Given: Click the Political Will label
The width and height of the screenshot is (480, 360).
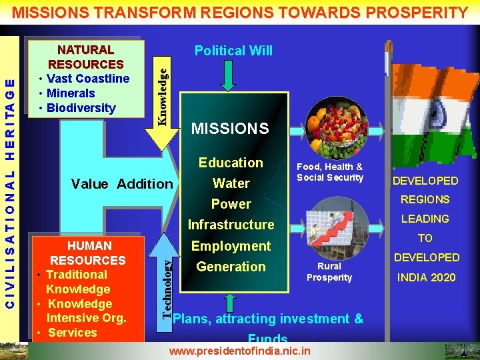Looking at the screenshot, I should pyautogui.click(x=233, y=51).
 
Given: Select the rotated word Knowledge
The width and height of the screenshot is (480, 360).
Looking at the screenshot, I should pyautogui.click(x=162, y=90).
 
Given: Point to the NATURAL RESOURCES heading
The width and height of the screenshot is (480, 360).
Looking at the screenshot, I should pyautogui.click(x=86, y=57).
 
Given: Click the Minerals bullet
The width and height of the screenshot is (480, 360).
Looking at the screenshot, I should pyautogui.click(x=71, y=93).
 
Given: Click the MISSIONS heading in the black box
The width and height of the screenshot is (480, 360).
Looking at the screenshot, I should pyautogui.click(x=230, y=128).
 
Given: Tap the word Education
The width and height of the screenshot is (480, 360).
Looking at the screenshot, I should pyautogui.click(x=231, y=163).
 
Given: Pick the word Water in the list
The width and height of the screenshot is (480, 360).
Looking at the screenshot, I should pyautogui.click(x=231, y=183).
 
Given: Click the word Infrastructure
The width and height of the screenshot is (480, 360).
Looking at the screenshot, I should pyautogui.click(x=231, y=225).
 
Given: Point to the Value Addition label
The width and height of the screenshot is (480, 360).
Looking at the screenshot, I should pyautogui.click(x=122, y=184).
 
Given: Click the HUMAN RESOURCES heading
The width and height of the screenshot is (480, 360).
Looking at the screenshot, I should pyautogui.click(x=88, y=253).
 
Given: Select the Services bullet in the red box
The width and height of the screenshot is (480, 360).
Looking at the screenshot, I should pyautogui.click(x=73, y=333).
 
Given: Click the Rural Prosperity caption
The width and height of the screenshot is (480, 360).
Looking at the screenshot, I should pyautogui.click(x=329, y=272).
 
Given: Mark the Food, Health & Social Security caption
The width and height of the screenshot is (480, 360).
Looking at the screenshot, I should pyautogui.click(x=330, y=172).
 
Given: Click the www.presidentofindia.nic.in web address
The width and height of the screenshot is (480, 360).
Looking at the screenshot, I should pyautogui.click(x=240, y=350).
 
